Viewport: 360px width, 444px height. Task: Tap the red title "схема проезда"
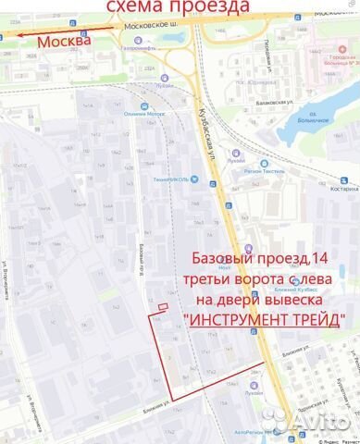click(179, 8)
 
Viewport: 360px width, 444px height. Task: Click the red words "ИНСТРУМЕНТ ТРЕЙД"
click(263, 319)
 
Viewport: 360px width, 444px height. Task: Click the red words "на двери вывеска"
click(263, 298)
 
